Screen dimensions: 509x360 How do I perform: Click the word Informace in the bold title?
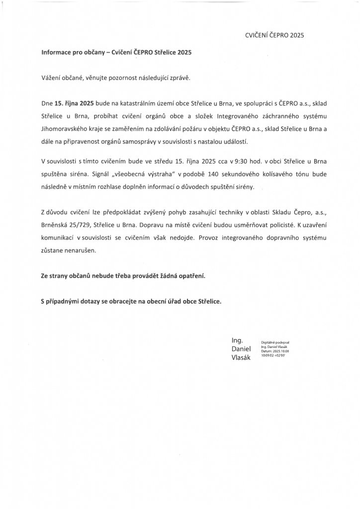[x=58, y=52]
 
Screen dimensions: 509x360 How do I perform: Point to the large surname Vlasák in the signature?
[x=241, y=357]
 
